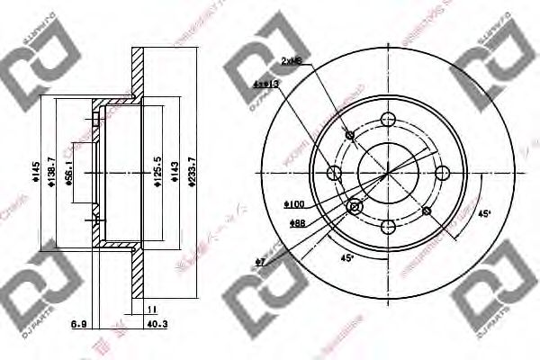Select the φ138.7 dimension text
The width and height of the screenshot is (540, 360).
click(x=51, y=170)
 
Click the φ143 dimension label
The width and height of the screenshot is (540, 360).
click(x=175, y=170)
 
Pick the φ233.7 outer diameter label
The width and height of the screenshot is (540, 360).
click(x=190, y=170)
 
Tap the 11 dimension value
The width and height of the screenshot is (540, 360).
click(x=149, y=309)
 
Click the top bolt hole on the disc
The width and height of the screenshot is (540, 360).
click(x=387, y=120)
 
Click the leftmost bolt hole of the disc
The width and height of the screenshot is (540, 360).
click(x=334, y=173)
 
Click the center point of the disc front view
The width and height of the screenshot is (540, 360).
click(x=387, y=173)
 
